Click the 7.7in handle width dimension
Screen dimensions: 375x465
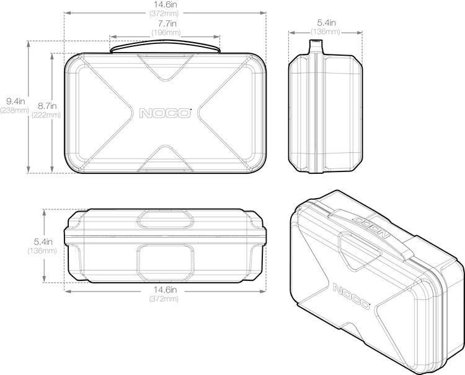(166, 24)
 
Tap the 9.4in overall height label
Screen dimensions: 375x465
(14, 101)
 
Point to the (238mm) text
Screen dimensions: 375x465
(14, 110)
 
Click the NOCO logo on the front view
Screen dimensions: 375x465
(165, 113)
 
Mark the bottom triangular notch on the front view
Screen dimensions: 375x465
(165, 156)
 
